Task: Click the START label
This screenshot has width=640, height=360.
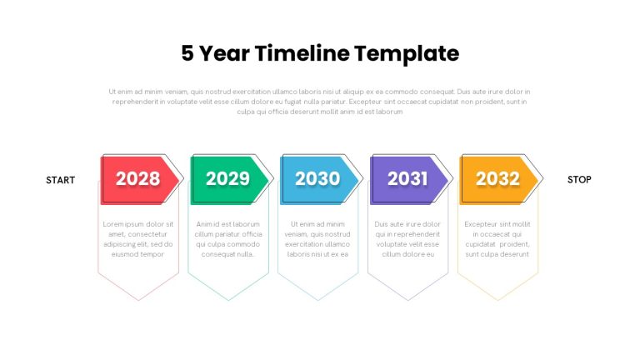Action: click(60, 180)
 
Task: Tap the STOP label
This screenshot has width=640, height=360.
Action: click(579, 180)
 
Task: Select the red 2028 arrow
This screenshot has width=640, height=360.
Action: click(140, 180)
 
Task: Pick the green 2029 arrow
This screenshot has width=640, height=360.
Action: click(229, 180)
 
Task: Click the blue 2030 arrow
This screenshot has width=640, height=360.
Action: click(319, 180)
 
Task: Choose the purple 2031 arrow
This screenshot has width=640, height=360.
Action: click(409, 180)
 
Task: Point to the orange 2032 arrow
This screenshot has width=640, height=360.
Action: click(499, 180)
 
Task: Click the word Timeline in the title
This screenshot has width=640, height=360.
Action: click(302, 53)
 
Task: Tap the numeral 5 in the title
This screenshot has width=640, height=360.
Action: click(187, 53)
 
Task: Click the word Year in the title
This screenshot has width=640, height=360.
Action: click(224, 53)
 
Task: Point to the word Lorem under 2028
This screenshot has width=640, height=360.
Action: click(112, 224)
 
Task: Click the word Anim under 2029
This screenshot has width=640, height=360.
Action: click(204, 224)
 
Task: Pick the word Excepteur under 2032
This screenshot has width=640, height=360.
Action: click(480, 224)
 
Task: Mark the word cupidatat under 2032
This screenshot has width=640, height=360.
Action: click(480, 244)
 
